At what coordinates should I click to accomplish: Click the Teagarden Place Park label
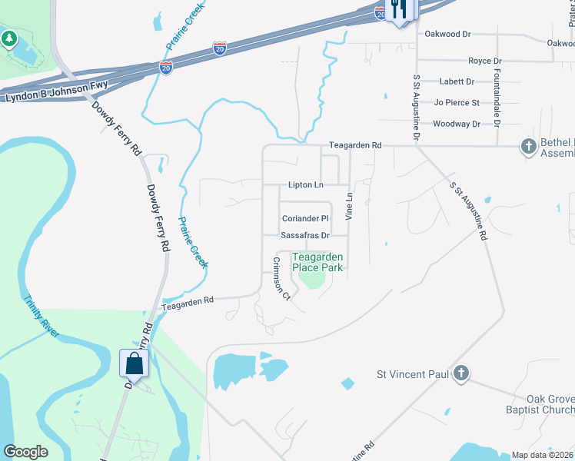(x=317, y=262)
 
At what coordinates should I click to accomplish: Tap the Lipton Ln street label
(x=306, y=185)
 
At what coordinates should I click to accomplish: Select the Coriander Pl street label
(x=304, y=219)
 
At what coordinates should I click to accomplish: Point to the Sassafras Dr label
(x=304, y=235)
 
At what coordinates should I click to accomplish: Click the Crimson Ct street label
(x=281, y=278)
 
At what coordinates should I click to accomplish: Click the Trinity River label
(x=41, y=317)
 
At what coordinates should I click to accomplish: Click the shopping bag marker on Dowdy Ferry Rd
(x=134, y=363)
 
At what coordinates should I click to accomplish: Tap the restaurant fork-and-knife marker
(x=399, y=9)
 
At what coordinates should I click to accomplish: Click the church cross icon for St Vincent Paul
(x=460, y=373)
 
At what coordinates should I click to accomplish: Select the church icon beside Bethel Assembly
(x=528, y=145)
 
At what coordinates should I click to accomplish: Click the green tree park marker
(x=9, y=38)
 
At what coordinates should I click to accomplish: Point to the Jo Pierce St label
(x=457, y=102)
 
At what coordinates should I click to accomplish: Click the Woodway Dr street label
(x=457, y=124)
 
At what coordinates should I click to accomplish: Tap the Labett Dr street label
(x=457, y=81)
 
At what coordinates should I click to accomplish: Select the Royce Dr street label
(x=484, y=61)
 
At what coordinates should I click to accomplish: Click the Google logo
(x=26, y=452)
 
